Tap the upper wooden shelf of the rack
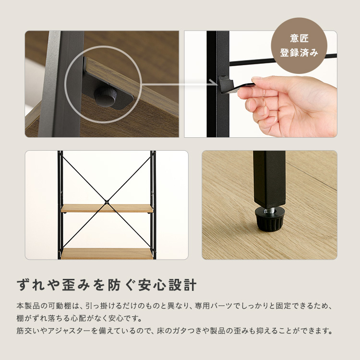pos(107,209)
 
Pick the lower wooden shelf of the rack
pos(107,253)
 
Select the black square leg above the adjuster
pos(269,178)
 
